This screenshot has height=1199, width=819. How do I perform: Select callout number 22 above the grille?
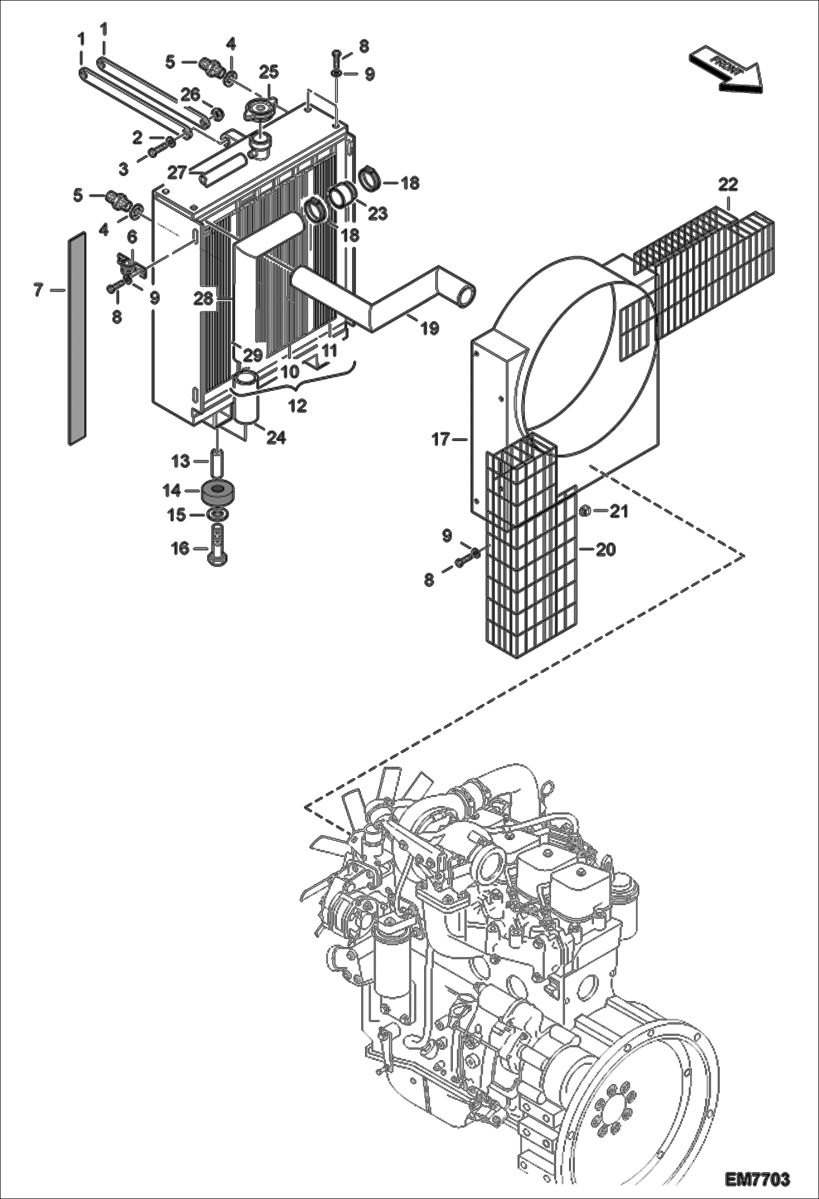[728, 184]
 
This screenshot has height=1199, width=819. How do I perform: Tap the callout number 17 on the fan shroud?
[441, 439]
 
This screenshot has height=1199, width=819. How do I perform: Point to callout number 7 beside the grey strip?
[38, 290]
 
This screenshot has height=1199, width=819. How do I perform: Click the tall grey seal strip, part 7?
[77, 339]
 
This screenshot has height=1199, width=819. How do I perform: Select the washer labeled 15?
[218, 515]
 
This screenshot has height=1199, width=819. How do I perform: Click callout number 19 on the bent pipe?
[430, 328]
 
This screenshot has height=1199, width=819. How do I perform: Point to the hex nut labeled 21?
[585, 512]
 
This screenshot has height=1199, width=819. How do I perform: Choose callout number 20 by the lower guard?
[605, 549]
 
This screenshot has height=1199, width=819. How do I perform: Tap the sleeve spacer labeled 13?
[218, 462]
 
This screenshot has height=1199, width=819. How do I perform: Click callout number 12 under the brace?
[299, 405]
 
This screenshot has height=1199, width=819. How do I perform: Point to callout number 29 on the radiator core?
[253, 355]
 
